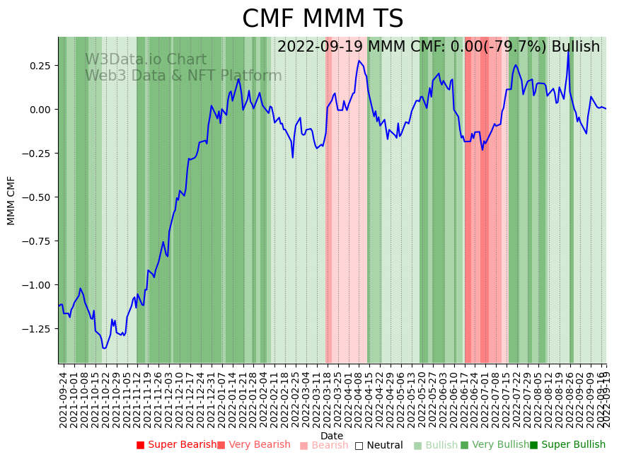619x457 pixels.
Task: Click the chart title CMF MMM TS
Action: (323, 19)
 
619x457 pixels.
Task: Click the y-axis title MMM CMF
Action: (11, 200)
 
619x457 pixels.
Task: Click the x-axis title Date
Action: (332, 436)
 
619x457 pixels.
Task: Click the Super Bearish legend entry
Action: (176, 445)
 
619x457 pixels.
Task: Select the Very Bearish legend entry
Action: (253, 445)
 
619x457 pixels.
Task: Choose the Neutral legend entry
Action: (378, 446)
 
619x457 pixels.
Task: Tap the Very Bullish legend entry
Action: (494, 445)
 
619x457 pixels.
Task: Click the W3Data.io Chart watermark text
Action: (146, 60)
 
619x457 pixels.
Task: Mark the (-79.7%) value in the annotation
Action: (520, 47)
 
